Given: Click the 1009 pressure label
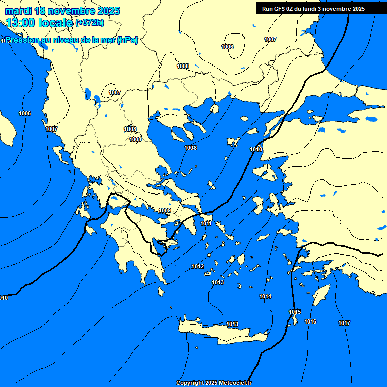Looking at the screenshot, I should coord(165,210).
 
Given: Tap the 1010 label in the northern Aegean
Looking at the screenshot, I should coord(256,150).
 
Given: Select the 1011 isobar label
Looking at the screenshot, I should coord(206,223).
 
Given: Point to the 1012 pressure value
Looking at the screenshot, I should coord(198,266).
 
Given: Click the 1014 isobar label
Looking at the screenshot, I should coord(265,296).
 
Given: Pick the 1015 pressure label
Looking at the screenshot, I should coord(295,312).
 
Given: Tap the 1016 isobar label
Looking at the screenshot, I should coord(310,321).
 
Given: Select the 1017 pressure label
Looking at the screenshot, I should coord(344,323).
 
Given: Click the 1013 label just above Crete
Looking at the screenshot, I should coord(232,324).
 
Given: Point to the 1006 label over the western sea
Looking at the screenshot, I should coord(25,113).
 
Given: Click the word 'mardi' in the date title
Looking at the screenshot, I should coord(19,11).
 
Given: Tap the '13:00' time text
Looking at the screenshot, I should coord(21,22).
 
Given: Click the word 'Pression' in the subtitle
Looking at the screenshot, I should coord(25,40).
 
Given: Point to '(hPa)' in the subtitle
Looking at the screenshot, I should coord(127,40).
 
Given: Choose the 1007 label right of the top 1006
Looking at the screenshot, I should coord(270,39).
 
